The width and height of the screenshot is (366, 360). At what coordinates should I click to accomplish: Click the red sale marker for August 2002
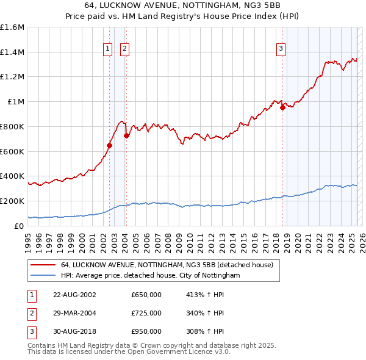[x=110, y=145]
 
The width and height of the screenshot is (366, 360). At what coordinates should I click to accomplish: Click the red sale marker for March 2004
[x=126, y=135]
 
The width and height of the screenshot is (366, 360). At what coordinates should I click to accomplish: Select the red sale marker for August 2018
[x=282, y=108]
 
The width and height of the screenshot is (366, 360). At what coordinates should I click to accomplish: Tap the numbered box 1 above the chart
[x=107, y=49]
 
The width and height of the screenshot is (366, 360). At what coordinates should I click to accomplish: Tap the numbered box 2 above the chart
[x=124, y=49]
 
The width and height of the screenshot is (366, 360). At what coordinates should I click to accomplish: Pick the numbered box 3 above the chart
[x=281, y=49]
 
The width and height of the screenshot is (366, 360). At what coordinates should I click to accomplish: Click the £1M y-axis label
[x=16, y=102]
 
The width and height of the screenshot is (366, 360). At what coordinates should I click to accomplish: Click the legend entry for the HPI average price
[x=151, y=276]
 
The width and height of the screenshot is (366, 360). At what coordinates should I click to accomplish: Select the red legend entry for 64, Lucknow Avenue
[x=170, y=265]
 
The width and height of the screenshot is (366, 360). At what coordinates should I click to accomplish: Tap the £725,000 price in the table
[x=146, y=313]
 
